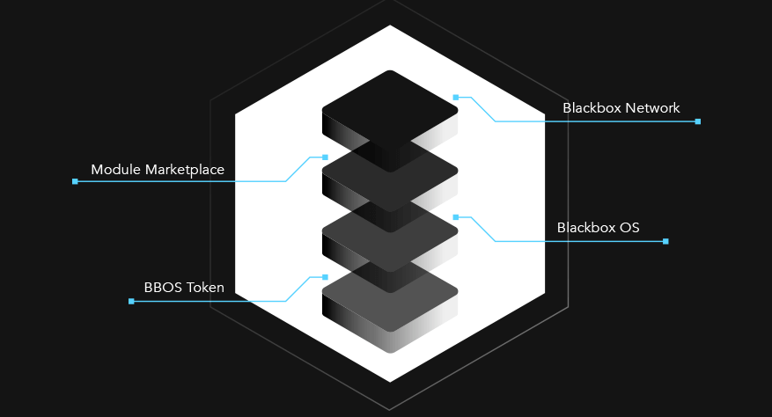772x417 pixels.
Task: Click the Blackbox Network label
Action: (621, 108)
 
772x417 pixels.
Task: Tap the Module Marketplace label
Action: (158, 170)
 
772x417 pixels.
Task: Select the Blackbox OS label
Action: (599, 228)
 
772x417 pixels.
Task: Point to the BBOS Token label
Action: (184, 288)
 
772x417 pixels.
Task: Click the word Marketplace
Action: (185, 170)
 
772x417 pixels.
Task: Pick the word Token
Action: (205, 288)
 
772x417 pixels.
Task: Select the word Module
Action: (116, 170)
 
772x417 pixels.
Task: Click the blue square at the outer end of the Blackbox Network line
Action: (698, 121)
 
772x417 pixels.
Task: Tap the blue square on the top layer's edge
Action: (456, 98)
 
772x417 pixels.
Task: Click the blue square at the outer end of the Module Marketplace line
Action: (75, 182)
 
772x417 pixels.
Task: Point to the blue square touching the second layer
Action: (325, 157)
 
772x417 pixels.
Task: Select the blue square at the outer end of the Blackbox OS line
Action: (665, 241)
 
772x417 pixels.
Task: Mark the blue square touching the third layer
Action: (456, 217)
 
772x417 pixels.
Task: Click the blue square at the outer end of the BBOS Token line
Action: (131, 301)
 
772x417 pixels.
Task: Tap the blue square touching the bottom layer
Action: (325, 277)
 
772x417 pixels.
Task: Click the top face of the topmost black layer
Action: (390, 110)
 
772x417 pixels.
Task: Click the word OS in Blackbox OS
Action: (629, 228)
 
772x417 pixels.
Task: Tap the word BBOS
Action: (163, 288)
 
